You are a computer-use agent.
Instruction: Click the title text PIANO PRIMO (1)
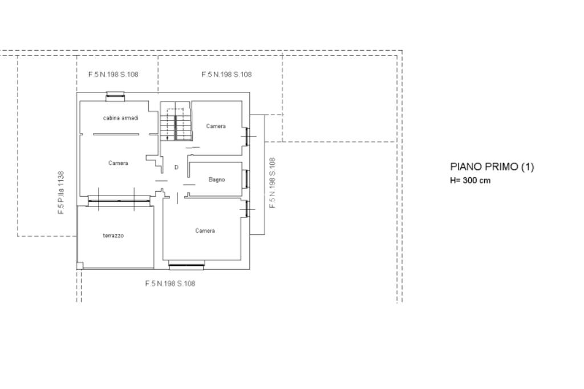(x=492, y=167)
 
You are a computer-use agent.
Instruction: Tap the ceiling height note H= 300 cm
(x=470, y=180)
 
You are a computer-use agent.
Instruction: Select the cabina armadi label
(x=121, y=118)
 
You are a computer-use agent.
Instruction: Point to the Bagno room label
(x=216, y=180)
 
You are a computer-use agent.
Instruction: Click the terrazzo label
(x=113, y=236)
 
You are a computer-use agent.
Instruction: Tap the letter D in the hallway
(x=176, y=167)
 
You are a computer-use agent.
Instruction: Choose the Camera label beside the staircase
(x=216, y=126)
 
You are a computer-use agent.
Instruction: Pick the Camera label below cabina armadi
(x=118, y=163)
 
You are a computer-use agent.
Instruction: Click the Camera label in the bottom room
(x=205, y=230)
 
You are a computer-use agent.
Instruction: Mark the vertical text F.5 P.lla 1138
(x=61, y=193)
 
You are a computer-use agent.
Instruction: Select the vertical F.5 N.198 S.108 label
(x=272, y=183)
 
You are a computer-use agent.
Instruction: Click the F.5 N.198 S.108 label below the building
(x=170, y=283)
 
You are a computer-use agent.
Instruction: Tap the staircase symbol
(x=176, y=121)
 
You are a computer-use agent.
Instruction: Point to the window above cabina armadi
(x=115, y=96)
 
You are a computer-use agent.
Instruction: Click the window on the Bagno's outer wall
(x=246, y=179)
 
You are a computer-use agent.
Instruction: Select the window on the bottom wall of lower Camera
(x=186, y=266)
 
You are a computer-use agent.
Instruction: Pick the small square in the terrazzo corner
(x=80, y=266)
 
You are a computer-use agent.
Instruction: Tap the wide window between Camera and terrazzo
(x=119, y=201)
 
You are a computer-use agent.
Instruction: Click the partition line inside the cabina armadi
(x=116, y=135)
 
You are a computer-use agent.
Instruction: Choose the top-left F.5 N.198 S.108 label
(x=113, y=75)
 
